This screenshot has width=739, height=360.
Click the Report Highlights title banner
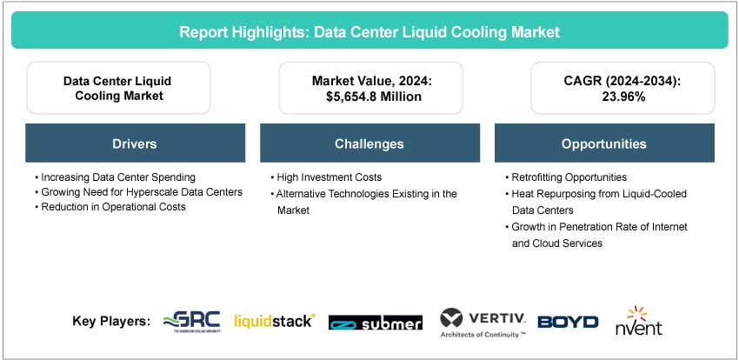369,32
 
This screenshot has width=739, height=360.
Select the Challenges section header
369,143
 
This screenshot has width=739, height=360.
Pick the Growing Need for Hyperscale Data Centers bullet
138,192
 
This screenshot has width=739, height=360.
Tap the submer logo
375,323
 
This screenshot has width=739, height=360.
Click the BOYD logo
568,322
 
